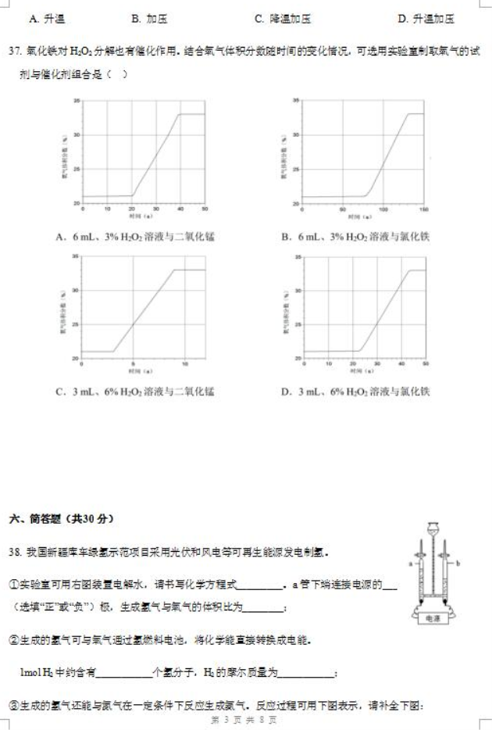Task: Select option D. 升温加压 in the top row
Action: [426, 18]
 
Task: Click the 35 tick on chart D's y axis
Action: [295, 256]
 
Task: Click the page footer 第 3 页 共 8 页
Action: [244, 720]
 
